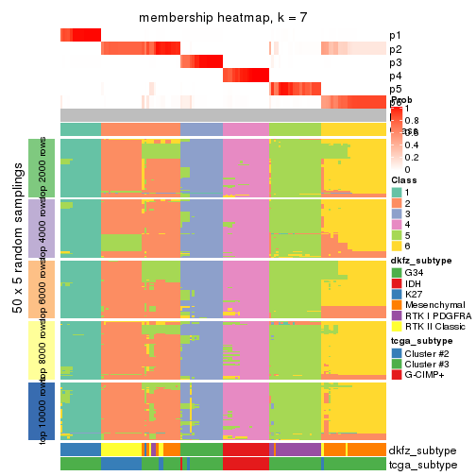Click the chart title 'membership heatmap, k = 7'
tap(223, 18)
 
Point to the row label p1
tap(395, 36)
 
